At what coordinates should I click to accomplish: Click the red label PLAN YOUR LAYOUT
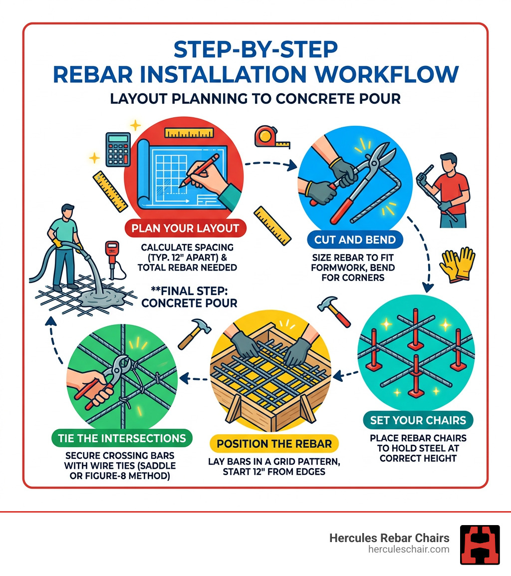click(x=185, y=229)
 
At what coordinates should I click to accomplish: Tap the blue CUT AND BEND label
click(x=355, y=240)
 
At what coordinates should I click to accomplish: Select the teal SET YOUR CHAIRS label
click(x=418, y=420)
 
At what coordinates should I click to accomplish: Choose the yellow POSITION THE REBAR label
click(x=274, y=444)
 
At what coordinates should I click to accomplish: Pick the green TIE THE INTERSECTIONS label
click(x=122, y=439)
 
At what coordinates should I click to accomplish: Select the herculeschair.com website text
click(x=407, y=549)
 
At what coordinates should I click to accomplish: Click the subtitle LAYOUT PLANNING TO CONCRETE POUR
click(x=255, y=98)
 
